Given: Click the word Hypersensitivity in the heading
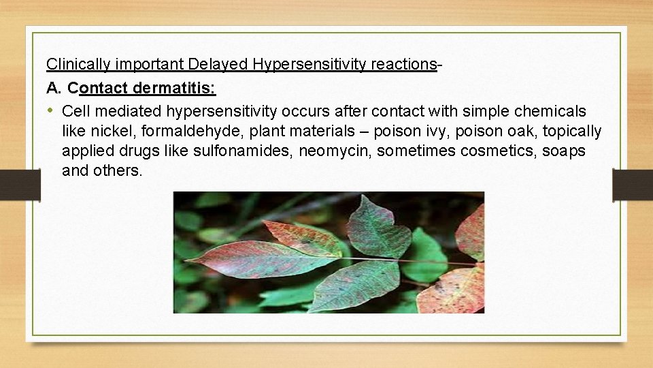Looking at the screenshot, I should [310, 64].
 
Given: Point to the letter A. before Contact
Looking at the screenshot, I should [54, 88].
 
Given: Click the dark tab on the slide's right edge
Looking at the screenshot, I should [632, 185].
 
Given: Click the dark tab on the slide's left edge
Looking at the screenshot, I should [20, 185].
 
